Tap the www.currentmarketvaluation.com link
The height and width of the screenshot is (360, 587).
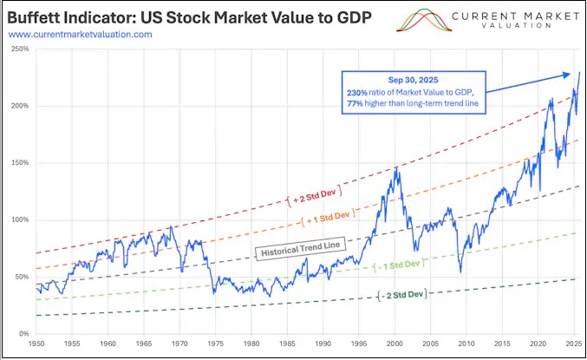click(x=80, y=34)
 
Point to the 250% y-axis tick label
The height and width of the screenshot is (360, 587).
click(x=21, y=49)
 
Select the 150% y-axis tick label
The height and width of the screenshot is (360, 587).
click(x=21, y=163)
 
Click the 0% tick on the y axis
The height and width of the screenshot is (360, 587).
click(x=24, y=333)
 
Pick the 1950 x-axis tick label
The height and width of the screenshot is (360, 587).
click(x=36, y=344)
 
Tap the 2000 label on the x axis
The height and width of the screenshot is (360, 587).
click(x=395, y=344)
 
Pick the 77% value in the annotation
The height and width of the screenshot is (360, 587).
click(x=355, y=105)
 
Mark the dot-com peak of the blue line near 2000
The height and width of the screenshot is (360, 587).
click(x=395, y=167)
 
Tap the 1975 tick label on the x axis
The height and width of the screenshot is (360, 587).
click(x=215, y=344)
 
